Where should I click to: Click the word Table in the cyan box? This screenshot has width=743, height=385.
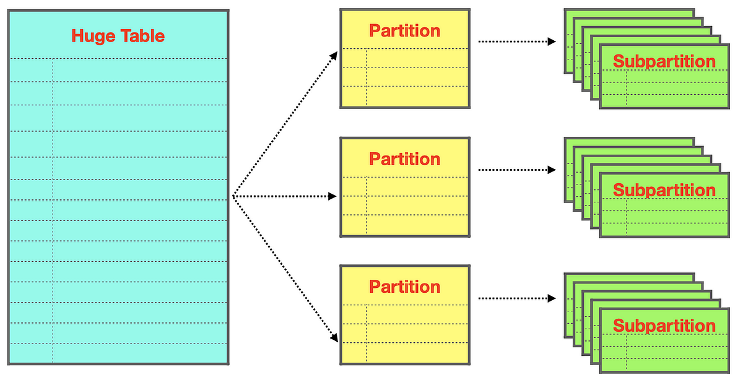142,35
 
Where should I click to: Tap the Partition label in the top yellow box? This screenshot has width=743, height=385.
405,31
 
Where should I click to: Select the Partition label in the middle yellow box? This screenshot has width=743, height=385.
405,159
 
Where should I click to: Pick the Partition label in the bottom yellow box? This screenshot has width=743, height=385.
405,287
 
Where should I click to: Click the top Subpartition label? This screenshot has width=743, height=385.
664,62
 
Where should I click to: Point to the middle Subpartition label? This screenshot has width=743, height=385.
664,191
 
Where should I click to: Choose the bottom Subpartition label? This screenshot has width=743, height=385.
664,326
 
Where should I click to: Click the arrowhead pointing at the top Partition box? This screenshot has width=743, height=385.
334,56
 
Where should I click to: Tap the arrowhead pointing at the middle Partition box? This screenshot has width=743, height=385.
332,196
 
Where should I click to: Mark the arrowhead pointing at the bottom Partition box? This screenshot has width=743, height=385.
334,337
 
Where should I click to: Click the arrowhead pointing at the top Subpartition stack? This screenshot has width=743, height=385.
552,41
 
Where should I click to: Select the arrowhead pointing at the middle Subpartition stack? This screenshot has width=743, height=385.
552,170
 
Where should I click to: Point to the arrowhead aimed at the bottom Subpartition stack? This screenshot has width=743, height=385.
552,298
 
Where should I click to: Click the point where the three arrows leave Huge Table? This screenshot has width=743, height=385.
233,196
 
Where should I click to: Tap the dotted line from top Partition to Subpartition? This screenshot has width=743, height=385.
517,41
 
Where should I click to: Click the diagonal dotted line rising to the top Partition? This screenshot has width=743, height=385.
285,124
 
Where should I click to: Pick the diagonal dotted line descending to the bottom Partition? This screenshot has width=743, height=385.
285,269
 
